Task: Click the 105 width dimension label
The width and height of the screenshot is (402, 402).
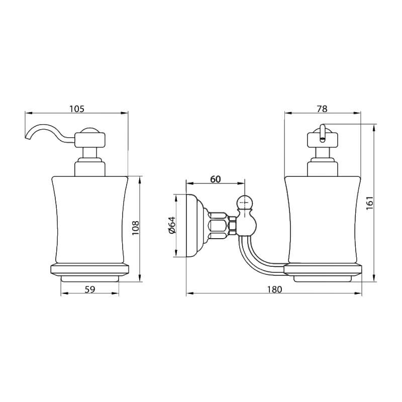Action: [x=77, y=109]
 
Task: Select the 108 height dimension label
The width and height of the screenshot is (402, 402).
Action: [x=135, y=228]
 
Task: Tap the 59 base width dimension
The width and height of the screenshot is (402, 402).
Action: [x=90, y=289]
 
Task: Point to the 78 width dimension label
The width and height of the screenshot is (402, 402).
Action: [x=322, y=109]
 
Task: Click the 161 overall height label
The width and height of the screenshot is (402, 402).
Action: [x=370, y=203]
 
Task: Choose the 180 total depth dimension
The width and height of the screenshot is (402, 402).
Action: [x=274, y=289]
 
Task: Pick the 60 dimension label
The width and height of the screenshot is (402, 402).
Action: [x=216, y=179]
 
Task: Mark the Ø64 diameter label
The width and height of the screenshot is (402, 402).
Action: [x=172, y=225]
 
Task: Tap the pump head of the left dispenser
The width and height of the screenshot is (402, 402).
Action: [x=90, y=140]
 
